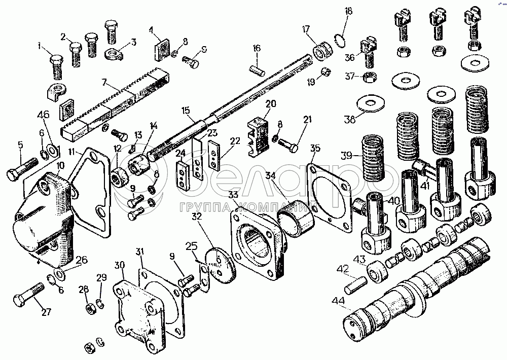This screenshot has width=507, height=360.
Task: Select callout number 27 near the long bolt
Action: [47, 312]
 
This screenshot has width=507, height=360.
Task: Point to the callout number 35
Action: [315, 149]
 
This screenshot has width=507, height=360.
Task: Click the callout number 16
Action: [257, 48]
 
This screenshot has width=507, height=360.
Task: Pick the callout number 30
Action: [120, 265]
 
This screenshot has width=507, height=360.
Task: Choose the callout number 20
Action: [270, 103]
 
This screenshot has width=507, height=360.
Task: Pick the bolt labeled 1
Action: [56, 65]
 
